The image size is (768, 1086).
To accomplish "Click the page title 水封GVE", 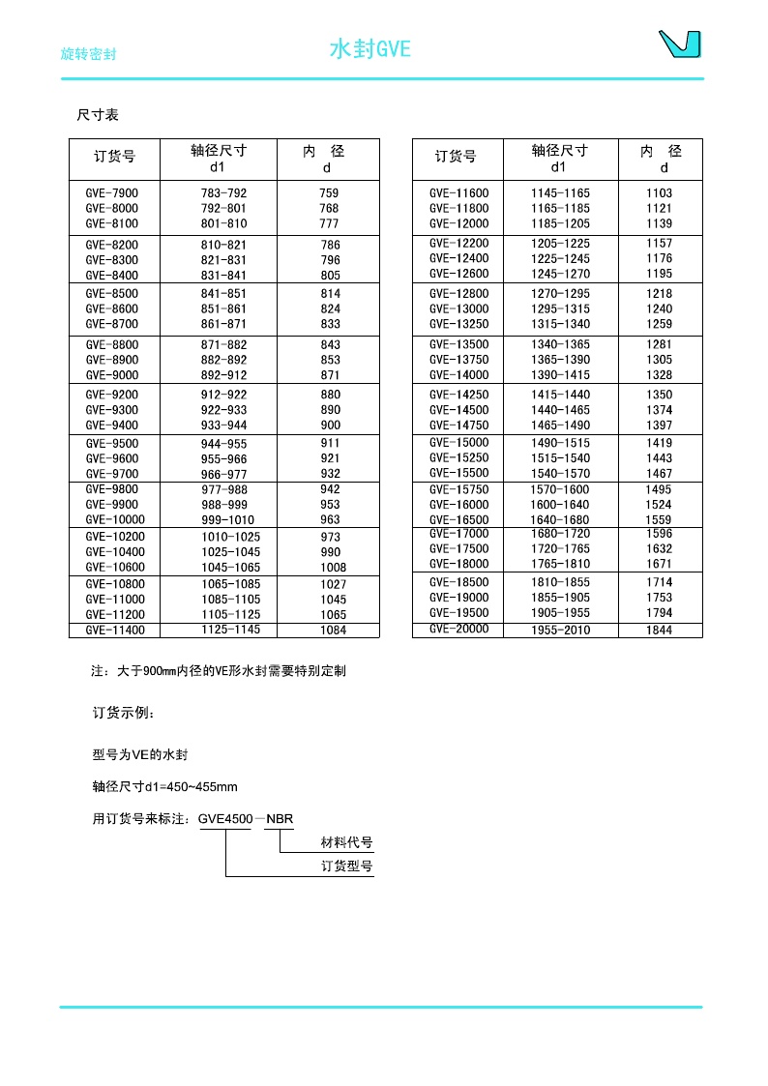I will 370,49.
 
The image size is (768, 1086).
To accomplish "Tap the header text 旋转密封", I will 88,54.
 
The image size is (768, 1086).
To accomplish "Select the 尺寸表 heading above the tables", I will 98,115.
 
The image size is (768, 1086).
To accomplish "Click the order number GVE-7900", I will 112,193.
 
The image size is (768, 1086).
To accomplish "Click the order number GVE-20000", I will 459,630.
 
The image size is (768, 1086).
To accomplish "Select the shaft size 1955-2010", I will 560,631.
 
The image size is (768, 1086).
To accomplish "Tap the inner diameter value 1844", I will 659,631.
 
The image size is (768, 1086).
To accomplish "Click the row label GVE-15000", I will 459,443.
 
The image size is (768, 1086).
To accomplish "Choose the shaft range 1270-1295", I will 560,294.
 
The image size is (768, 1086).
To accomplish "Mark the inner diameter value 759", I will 329,193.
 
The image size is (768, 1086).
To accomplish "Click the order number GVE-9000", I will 112,375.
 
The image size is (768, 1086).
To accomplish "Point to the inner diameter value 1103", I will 659,193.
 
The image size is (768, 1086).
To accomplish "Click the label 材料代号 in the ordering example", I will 346,843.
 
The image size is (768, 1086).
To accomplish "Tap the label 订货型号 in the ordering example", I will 346,866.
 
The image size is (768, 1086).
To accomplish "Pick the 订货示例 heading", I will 123,714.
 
